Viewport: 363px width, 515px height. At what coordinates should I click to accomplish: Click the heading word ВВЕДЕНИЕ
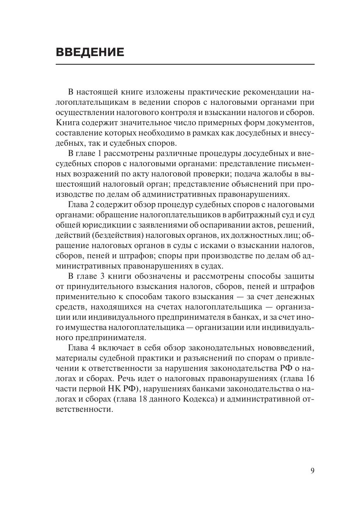(89, 52)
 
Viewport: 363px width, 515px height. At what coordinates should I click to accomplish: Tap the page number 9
(312, 471)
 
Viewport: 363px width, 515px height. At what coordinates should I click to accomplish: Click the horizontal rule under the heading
(185, 64)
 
